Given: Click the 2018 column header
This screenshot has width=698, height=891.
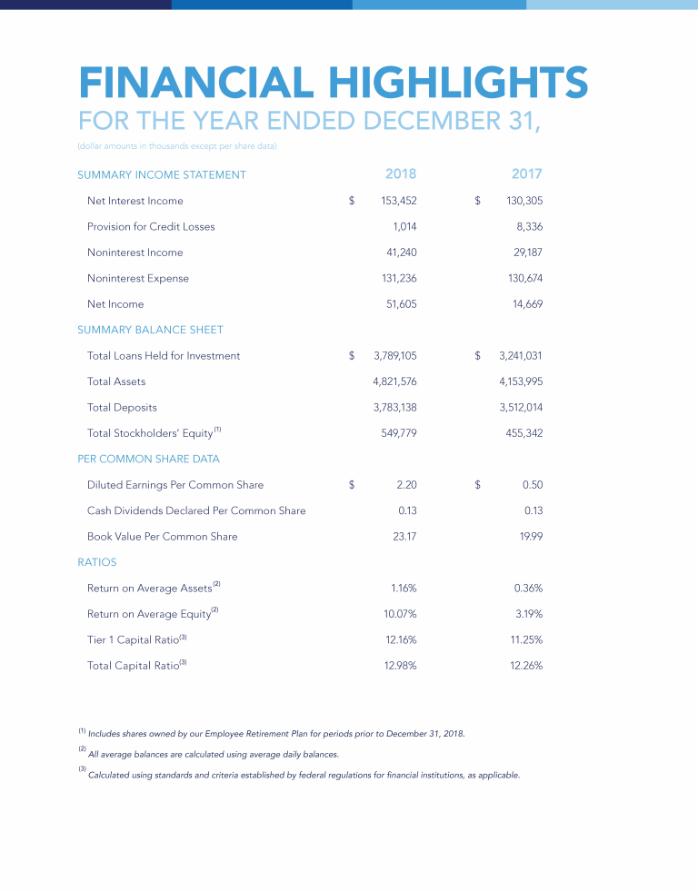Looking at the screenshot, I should (401, 173).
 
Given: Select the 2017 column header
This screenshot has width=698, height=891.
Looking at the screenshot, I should (526, 173).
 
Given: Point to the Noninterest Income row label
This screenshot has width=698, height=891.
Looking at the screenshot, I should (135, 252).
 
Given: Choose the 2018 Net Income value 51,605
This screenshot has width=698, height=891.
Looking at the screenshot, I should (402, 304).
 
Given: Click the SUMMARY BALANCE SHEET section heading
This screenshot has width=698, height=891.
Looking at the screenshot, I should (150, 330).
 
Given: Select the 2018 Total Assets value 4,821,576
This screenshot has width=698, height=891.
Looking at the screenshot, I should (395, 381).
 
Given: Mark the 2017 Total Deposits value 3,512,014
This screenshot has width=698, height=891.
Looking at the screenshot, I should (521, 407).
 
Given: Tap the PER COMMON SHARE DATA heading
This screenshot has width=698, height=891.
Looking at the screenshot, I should (148, 459).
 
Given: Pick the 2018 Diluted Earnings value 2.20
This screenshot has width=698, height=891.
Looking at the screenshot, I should (407, 485).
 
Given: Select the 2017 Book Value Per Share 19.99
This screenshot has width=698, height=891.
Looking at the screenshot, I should (528, 536).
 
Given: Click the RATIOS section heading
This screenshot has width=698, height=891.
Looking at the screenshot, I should (97, 562).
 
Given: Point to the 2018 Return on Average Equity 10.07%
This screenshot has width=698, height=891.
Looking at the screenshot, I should (401, 614).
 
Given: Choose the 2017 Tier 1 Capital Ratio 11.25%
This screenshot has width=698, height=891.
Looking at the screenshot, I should (526, 639).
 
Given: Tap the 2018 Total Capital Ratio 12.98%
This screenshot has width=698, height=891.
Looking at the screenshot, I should (401, 666).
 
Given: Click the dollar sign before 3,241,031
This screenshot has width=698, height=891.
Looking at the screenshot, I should (477, 356).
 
